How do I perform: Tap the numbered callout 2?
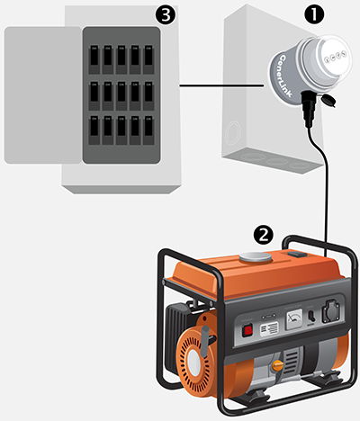264,234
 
